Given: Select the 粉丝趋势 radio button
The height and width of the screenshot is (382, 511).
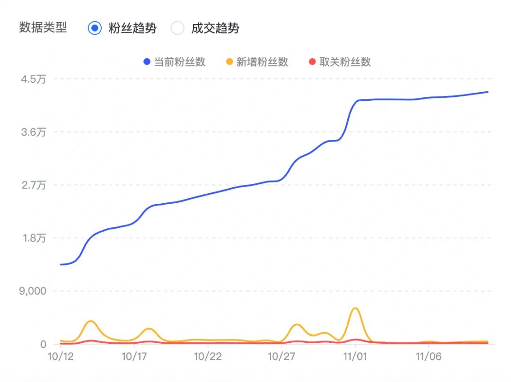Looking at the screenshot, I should point(95,28).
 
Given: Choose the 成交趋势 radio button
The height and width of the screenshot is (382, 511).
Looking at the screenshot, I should point(177,28).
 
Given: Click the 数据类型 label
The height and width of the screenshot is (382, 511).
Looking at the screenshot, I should point(43,27).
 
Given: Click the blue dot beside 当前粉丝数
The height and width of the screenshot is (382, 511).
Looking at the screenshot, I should point(147,62).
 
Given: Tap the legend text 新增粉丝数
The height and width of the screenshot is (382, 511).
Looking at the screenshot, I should point(262,62).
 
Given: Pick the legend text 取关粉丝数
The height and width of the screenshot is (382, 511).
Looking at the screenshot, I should point(345,62).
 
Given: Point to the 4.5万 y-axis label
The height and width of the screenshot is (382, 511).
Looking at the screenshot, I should point(33,79).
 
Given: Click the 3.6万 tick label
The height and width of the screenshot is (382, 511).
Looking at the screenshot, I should point(33,132).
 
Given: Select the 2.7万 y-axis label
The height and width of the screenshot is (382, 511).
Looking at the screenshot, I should point(33,185).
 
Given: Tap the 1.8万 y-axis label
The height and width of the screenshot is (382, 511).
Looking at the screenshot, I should point(33,238).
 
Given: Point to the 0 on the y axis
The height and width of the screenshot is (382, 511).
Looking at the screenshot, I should point(43,344).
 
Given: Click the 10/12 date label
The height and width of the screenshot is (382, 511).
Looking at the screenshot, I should point(61,356).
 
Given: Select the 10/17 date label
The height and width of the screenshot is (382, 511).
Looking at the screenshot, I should point(135,356).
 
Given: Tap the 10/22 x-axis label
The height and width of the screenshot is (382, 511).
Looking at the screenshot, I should point(208,356).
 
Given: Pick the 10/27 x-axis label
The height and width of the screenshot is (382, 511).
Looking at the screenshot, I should point(282,356).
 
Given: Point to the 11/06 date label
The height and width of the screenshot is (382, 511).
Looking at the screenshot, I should point(428,356).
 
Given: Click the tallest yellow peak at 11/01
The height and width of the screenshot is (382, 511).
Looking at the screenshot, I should point(355,308).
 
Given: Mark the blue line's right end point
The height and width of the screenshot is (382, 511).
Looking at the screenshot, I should point(487,92).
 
